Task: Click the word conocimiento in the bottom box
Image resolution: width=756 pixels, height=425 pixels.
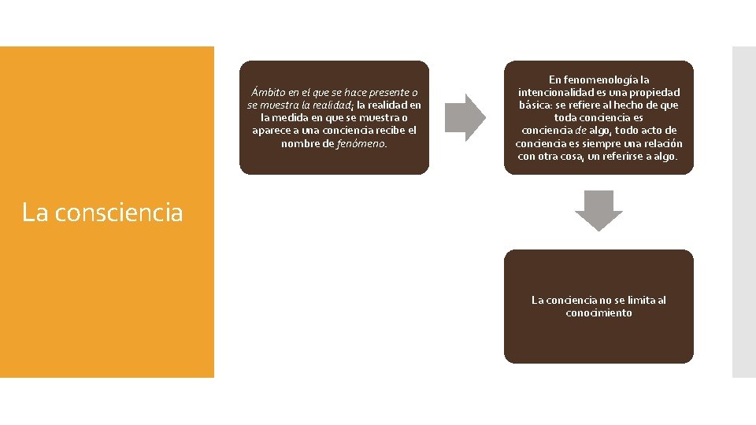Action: (598, 312)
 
